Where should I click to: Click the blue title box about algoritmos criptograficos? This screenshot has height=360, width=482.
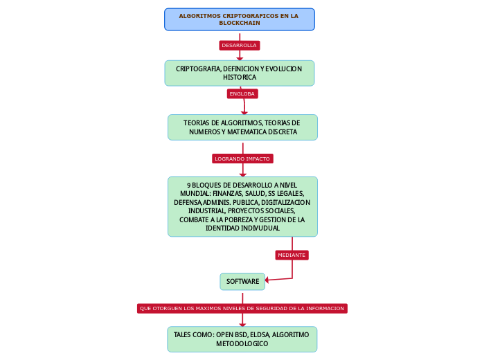click(239, 19)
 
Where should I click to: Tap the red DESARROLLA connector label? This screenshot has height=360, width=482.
click(239, 46)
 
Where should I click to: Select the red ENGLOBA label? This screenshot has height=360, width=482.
click(242, 93)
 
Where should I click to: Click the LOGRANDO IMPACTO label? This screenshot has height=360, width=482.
click(242, 159)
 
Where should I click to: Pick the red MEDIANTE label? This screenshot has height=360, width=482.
click(292, 255)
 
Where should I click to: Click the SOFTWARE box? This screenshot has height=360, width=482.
click(242, 281)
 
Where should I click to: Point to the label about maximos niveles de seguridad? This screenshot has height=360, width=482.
click(242, 308)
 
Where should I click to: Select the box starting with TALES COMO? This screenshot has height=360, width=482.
click(242, 339)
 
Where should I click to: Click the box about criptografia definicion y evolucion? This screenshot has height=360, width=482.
click(239, 73)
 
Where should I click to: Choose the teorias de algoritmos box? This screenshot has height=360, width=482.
click(242, 127)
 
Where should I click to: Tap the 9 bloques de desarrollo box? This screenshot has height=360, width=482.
click(242, 206)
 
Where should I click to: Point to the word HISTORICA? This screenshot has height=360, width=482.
click(240, 78)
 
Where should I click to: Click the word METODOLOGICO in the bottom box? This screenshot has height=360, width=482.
click(242, 344)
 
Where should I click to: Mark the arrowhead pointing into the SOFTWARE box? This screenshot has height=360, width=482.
click(268, 280)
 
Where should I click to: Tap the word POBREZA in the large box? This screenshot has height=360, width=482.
click(233, 219)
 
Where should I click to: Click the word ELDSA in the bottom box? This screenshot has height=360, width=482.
click(259, 334)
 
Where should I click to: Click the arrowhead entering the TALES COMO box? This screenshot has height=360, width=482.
click(242, 323)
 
